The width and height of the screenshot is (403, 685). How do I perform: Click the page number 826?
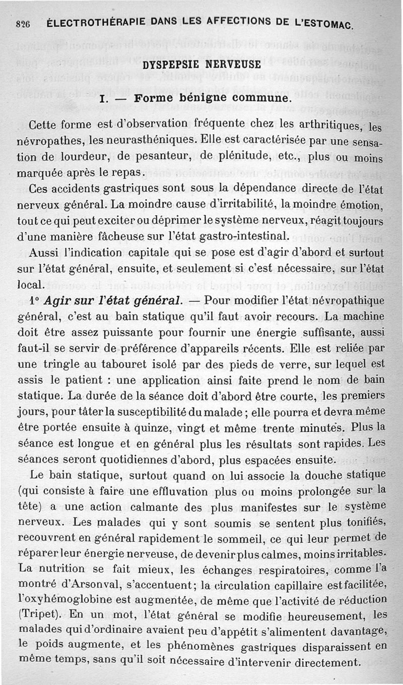click(x=23, y=24)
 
